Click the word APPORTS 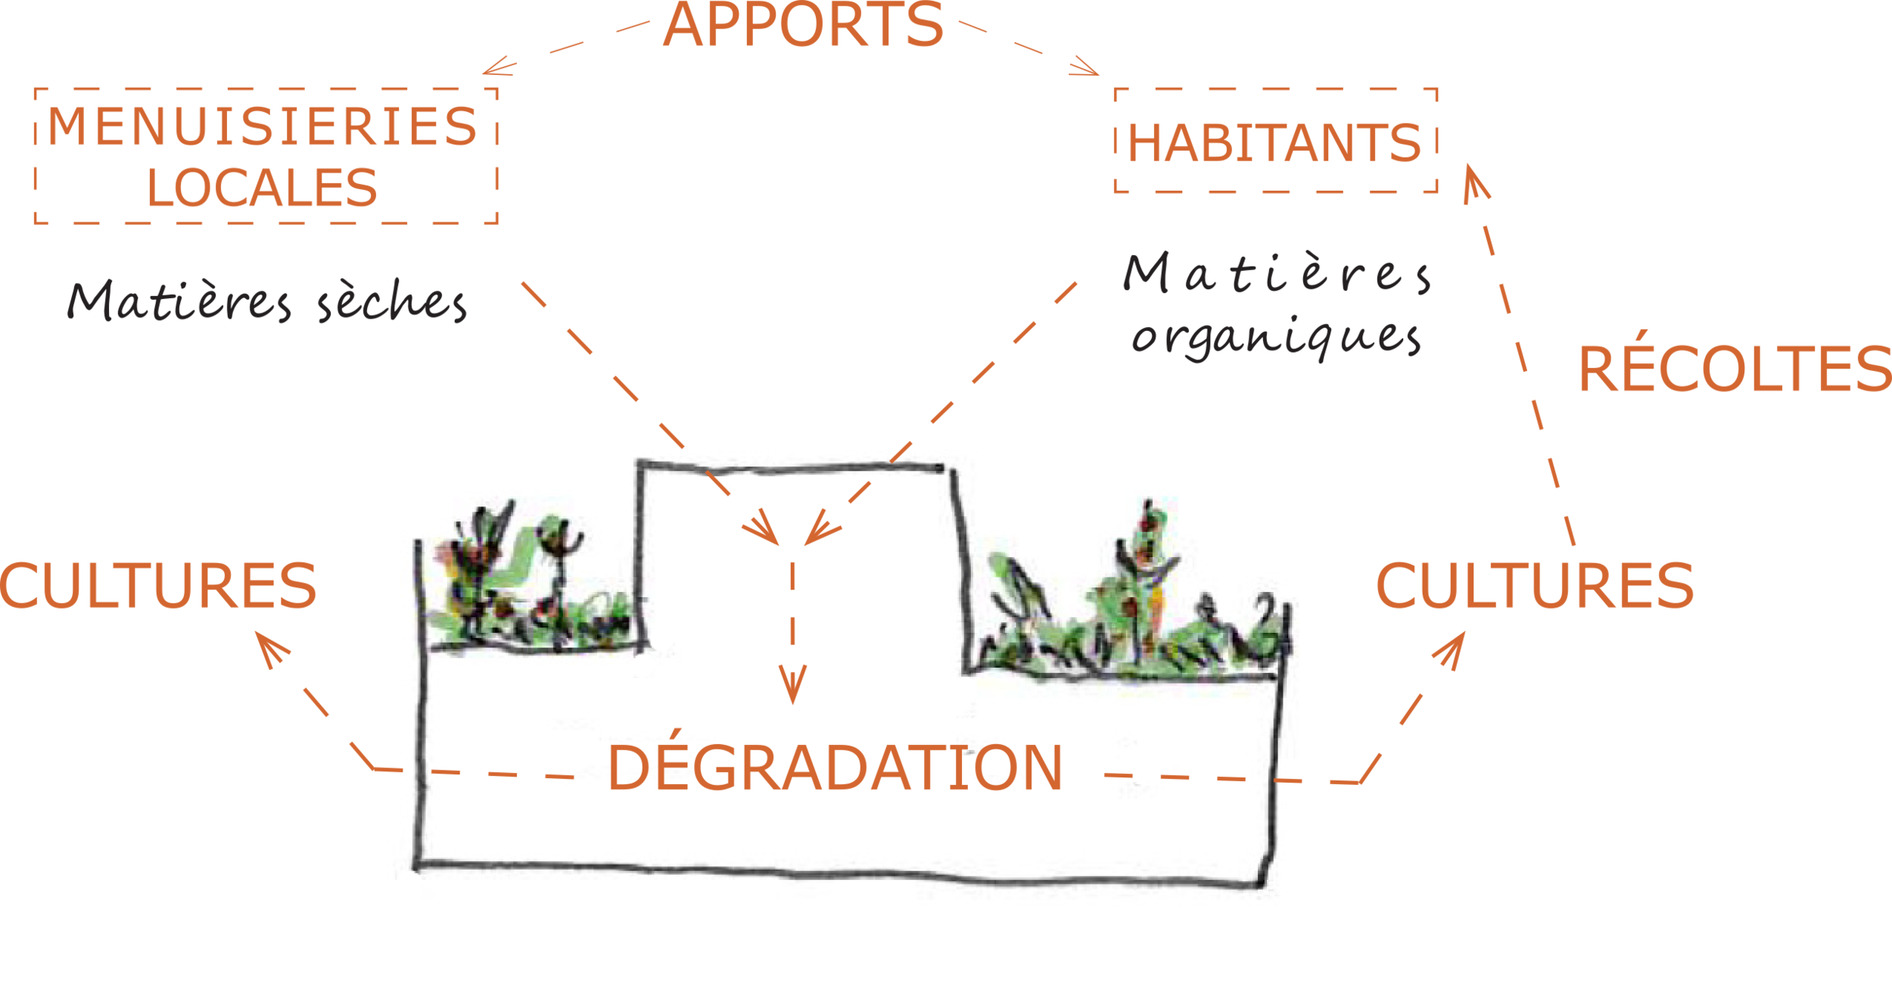[803, 26]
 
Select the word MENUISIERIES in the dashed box [263, 126]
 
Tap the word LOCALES [262, 188]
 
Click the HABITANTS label [1274, 143]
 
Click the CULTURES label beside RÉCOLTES [1536, 585]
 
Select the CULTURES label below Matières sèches [157, 585]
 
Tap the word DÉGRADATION [835, 768]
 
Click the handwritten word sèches [392, 303]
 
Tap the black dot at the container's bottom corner [409, 881]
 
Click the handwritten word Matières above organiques [1276, 273]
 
